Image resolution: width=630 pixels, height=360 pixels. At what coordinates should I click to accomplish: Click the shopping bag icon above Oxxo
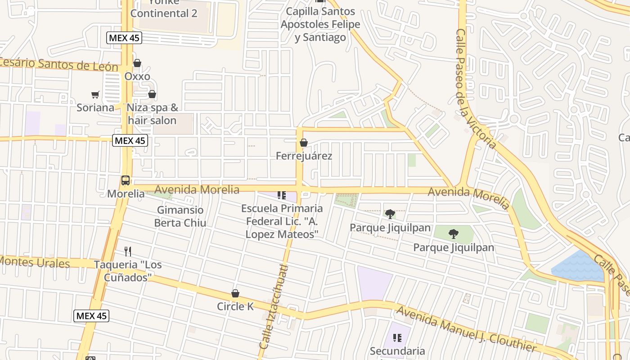click(137, 63)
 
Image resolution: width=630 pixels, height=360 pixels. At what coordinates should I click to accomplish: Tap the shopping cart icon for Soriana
click(95, 94)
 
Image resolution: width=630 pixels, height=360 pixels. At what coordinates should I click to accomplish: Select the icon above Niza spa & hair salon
click(152, 94)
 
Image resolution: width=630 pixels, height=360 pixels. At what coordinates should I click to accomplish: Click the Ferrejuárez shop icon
click(304, 143)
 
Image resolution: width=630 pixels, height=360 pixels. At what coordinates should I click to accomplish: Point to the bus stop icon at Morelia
click(126, 180)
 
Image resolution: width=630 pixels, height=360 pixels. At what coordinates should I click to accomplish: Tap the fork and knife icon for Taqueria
click(128, 251)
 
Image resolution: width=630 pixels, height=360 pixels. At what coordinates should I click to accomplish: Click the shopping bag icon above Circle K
click(235, 294)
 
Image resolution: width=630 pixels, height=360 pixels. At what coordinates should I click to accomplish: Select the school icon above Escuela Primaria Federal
click(282, 195)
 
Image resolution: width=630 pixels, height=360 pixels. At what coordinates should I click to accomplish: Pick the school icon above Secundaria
click(397, 337)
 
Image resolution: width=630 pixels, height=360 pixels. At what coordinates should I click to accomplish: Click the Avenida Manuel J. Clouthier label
click(466, 329)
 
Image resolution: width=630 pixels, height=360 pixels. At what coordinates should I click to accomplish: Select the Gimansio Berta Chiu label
click(180, 216)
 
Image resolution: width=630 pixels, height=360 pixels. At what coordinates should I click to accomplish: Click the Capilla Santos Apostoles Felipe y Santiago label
click(320, 24)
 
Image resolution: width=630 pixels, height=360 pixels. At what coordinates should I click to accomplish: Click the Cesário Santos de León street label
click(58, 65)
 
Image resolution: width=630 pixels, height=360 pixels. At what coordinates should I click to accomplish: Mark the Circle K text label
click(235, 306)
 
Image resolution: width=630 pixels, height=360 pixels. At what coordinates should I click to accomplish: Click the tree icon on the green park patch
click(454, 234)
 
